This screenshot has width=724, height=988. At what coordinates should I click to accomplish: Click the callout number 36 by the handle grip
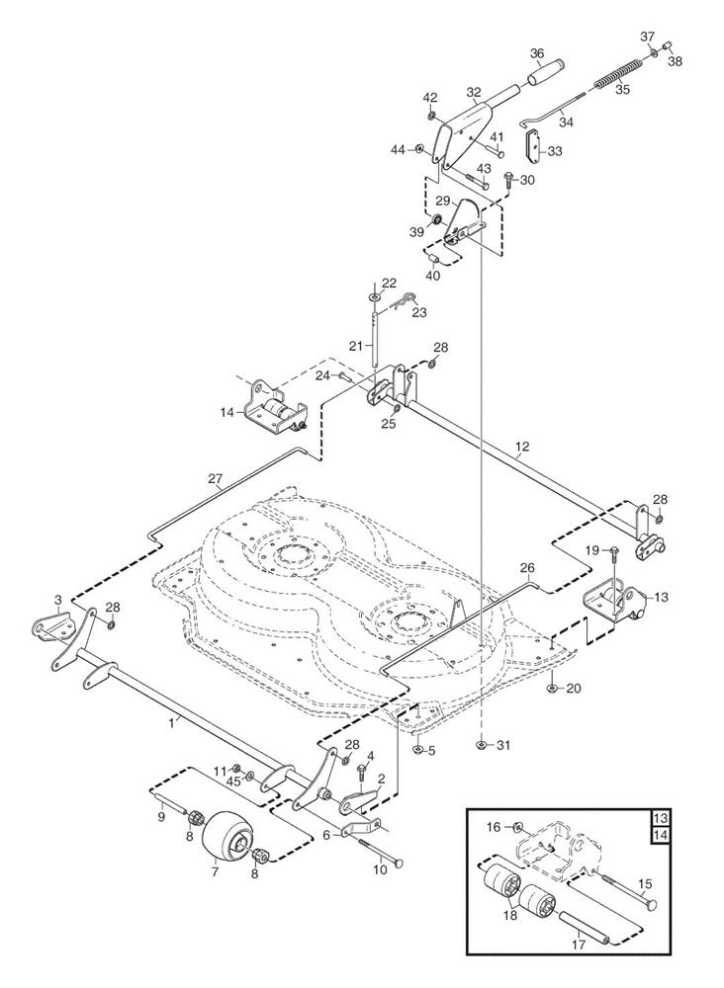click(x=537, y=53)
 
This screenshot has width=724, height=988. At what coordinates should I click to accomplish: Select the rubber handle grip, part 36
click(x=545, y=73)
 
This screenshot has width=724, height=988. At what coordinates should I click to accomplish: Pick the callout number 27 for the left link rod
click(x=216, y=479)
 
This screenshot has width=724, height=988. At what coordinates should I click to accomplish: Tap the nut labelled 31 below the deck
click(x=480, y=743)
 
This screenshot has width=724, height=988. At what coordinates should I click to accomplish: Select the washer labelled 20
click(x=550, y=688)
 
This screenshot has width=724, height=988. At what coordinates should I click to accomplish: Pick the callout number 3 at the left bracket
click(x=58, y=600)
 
